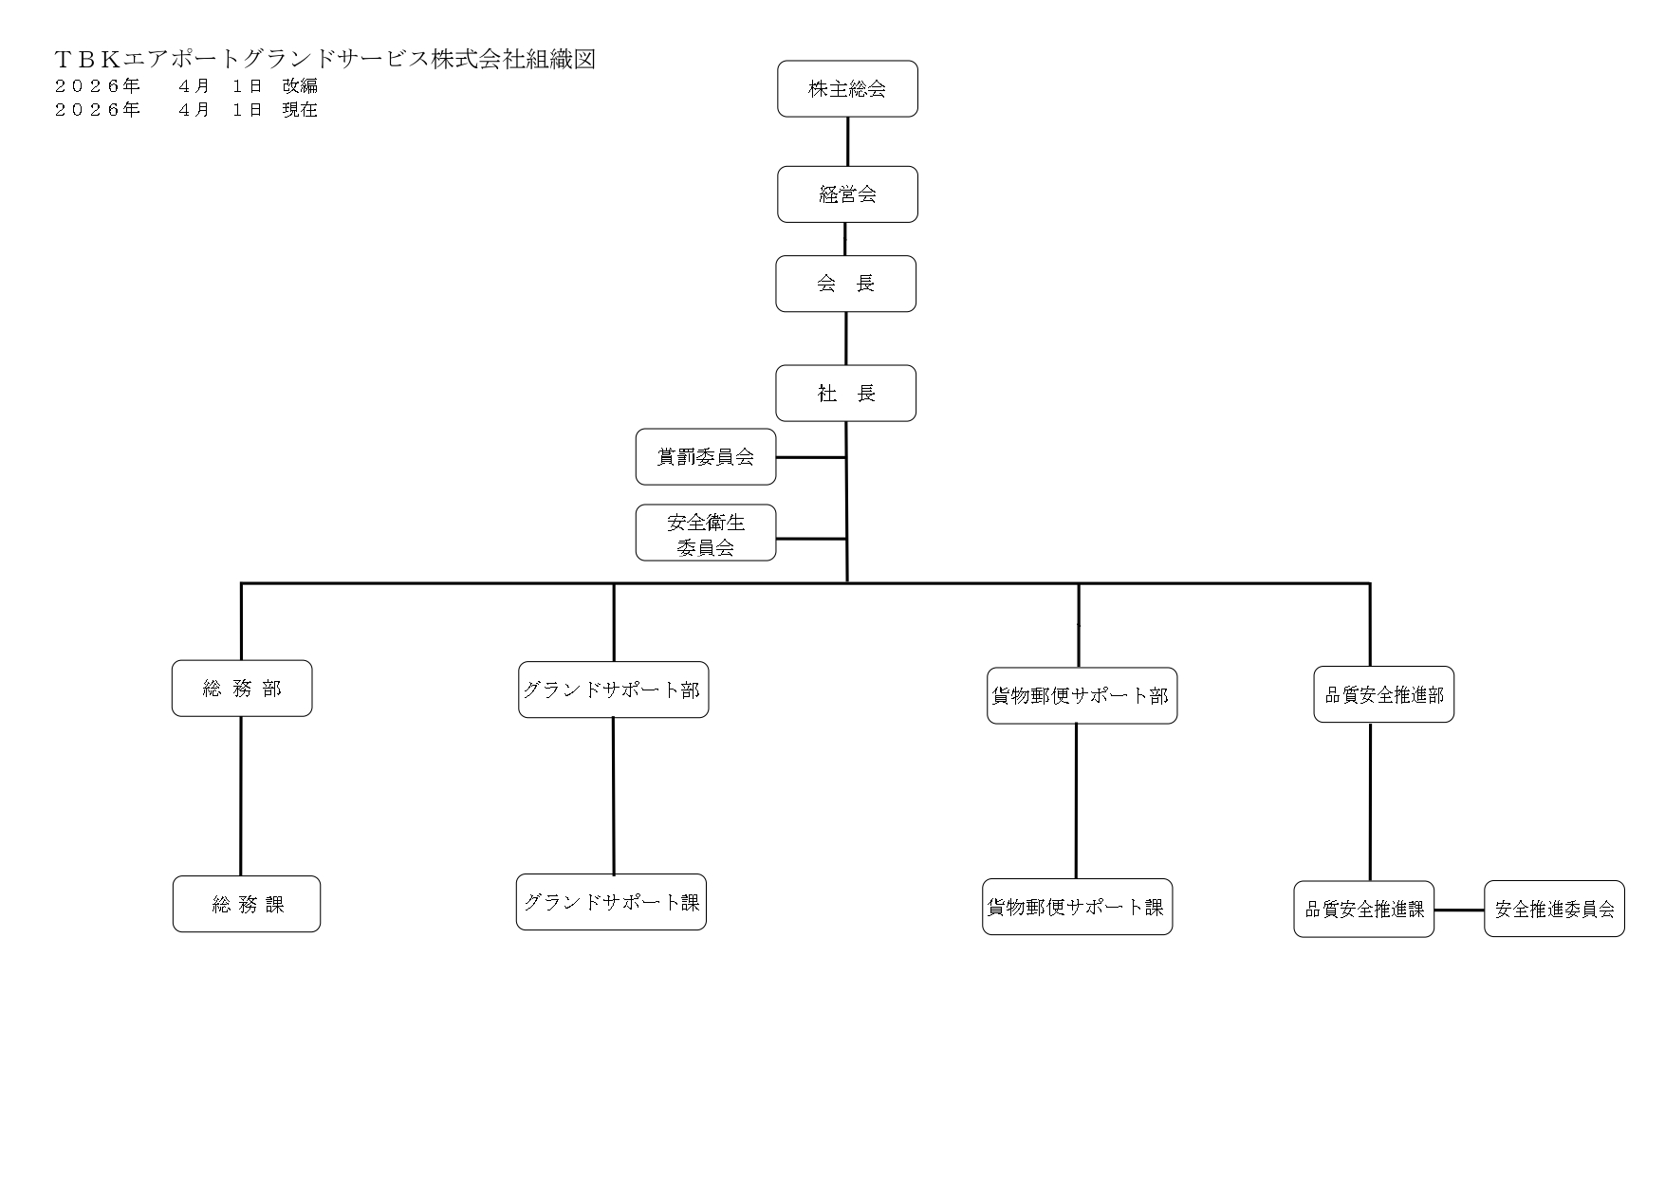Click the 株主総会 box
click(x=847, y=89)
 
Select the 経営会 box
click(x=847, y=194)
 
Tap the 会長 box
click(x=845, y=284)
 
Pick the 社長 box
click(x=845, y=393)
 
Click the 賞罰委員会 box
click(x=705, y=456)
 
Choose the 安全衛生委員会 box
click(x=705, y=533)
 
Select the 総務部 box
click(x=242, y=689)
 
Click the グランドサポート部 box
click(x=613, y=690)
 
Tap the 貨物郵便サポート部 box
click(x=1082, y=695)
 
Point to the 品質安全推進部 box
click(x=1383, y=694)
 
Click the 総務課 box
click(x=247, y=904)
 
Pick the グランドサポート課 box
click(x=611, y=902)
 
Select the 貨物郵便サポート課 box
click(x=1077, y=907)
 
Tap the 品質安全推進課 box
click(x=1363, y=910)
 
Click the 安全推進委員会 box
click(x=1554, y=910)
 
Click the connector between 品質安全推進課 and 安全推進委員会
click(x=1459, y=910)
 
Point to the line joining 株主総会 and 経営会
click(x=847, y=141)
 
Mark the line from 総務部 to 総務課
click(x=241, y=797)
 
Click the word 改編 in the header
click(x=300, y=85)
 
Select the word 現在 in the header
click(x=300, y=109)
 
